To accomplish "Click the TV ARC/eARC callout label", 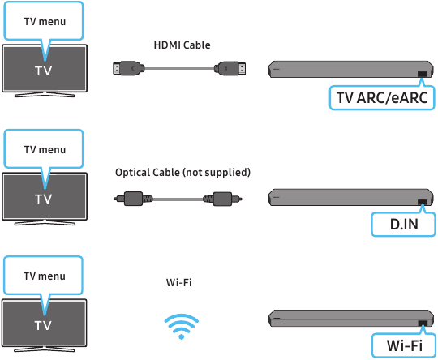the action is (x=382, y=98).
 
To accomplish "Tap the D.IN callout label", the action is (x=404, y=225).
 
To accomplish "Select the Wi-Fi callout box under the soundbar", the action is (x=404, y=345).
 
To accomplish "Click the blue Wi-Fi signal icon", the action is (x=182, y=326).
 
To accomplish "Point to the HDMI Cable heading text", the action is (x=182, y=45).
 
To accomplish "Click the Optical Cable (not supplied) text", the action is (x=183, y=173).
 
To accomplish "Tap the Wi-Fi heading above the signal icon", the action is (x=179, y=283).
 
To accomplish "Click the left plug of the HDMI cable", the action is (x=129, y=68).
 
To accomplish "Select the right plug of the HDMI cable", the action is (x=230, y=68).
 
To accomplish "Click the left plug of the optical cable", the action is (x=133, y=199).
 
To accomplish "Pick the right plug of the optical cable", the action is (x=222, y=199).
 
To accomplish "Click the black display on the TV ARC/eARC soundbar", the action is (x=423, y=75).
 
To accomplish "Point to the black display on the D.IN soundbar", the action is (x=423, y=202).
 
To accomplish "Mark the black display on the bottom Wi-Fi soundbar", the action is (x=423, y=324).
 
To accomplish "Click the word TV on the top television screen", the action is (x=44, y=71).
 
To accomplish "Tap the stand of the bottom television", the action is (x=45, y=349).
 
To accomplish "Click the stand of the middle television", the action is (x=45, y=223).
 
